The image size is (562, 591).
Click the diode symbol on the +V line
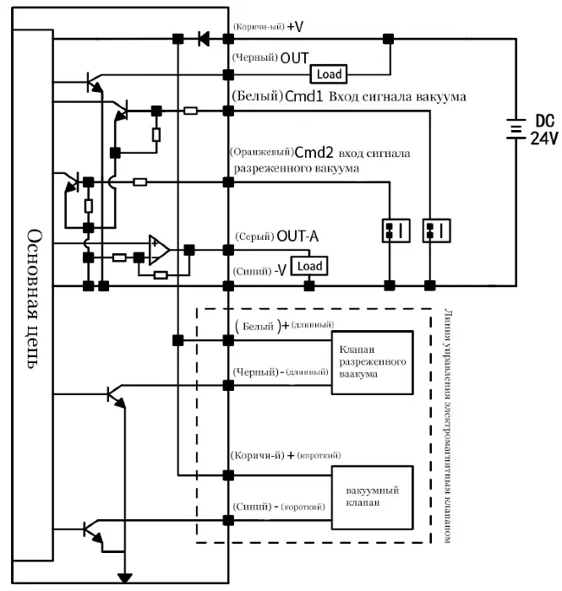(x=204, y=39)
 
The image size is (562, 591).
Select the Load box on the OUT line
(x=329, y=74)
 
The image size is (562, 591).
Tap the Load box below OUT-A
(x=309, y=266)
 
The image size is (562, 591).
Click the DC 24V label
(x=544, y=130)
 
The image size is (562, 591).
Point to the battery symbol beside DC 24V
(x=516, y=129)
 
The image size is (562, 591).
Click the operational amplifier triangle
(x=159, y=250)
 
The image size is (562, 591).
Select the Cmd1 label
(x=304, y=96)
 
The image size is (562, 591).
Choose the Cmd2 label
(x=314, y=153)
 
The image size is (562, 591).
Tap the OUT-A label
(x=297, y=236)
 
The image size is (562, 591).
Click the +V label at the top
(x=295, y=26)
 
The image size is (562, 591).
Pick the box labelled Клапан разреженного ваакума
(x=373, y=362)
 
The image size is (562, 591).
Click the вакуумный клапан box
(x=373, y=497)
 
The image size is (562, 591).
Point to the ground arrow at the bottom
(x=125, y=577)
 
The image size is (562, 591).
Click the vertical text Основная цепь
(x=34, y=299)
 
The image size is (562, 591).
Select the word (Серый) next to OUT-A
(x=254, y=236)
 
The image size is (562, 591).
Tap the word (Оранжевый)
(x=262, y=152)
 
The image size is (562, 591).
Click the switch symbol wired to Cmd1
(x=436, y=230)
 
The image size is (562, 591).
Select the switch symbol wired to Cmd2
(x=396, y=230)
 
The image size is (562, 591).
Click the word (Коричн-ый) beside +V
(x=259, y=27)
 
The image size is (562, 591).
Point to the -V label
(x=281, y=270)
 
